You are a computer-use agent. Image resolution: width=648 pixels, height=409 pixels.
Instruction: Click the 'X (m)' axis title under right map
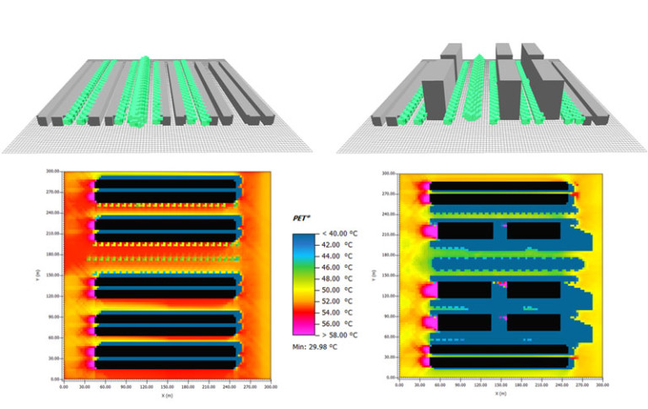(500, 394)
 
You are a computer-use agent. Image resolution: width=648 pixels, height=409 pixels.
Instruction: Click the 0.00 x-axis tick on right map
(398, 387)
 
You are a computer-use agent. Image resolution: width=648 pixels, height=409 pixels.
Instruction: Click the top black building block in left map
(165, 190)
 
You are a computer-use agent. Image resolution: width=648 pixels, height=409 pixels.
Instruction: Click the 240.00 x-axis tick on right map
(562, 387)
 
